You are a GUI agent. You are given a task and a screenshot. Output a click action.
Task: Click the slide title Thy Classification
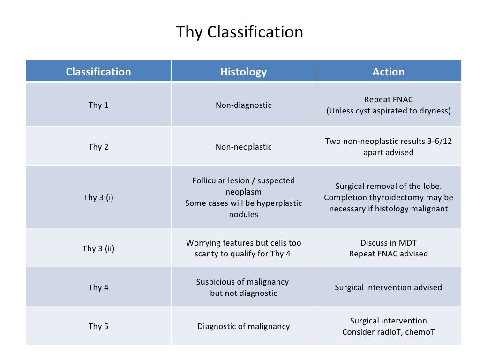point(240,32)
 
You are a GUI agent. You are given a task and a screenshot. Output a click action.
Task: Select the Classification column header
point(98,72)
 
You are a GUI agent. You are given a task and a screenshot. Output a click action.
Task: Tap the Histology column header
point(243,72)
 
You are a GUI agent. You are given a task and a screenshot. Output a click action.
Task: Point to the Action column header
point(388,72)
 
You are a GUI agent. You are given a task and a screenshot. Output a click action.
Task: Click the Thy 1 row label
point(98,105)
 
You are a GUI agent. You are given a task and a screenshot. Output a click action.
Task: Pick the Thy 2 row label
point(98,147)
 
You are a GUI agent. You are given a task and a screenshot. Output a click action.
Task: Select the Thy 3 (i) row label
point(98,197)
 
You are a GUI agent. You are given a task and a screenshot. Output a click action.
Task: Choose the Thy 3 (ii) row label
point(98,248)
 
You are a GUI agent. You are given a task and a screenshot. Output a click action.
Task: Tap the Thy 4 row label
point(98,287)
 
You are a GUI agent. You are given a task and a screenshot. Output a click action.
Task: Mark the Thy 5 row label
point(98,326)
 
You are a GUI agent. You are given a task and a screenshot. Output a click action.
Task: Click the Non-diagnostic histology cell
point(243,105)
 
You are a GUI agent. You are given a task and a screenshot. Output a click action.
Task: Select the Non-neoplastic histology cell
point(243,147)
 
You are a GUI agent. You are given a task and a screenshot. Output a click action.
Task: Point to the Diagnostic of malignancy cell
point(243,326)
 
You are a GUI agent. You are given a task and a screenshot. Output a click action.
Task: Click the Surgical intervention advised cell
point(388,287)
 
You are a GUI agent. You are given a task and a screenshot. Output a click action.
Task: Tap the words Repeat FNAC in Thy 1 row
point(388,99)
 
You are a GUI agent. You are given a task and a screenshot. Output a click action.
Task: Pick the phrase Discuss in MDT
point(388,243)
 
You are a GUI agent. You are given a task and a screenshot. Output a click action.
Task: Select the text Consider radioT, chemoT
point(388,332)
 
